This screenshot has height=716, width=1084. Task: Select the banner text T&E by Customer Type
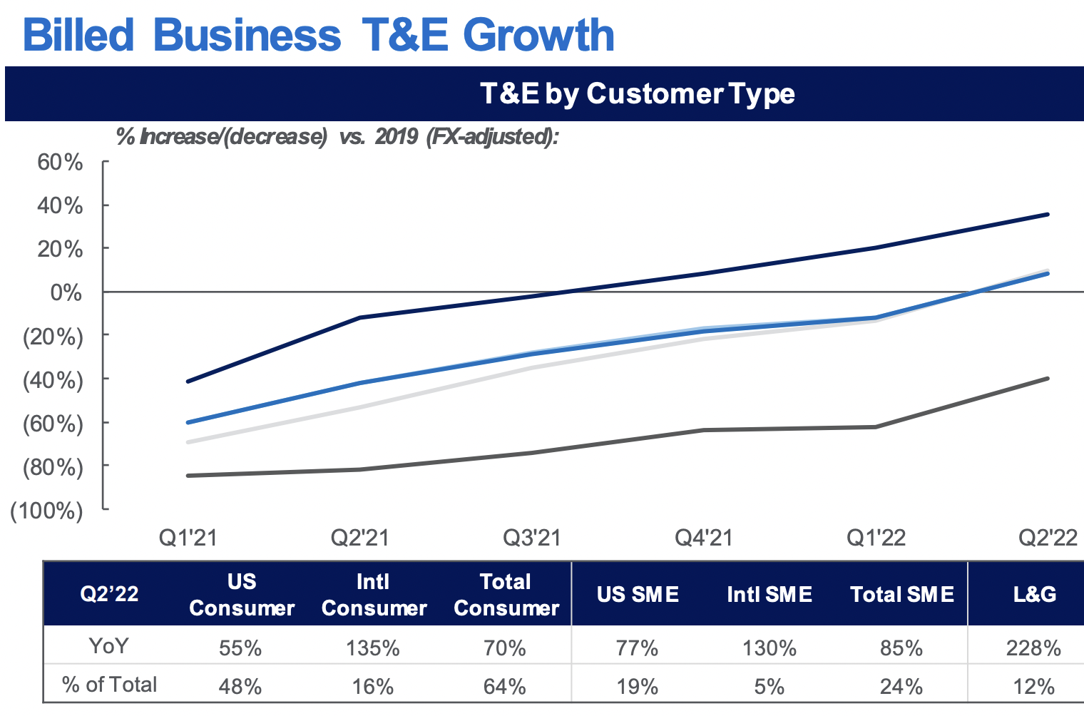[x=637, y=93]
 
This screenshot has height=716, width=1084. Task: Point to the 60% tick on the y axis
[x=60, y=162]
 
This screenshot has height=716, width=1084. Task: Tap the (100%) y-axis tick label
[x=46, y=511]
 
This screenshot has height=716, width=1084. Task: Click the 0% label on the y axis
[x=66, y=292]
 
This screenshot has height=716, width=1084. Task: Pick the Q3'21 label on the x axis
[x=532, y=537]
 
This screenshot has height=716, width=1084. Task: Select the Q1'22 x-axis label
[x=876, y=537]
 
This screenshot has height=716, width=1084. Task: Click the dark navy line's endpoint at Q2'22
[x=1048, y=214]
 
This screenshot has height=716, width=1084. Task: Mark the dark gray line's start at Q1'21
[x=188, y=476]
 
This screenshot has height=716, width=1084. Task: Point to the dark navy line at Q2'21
[x=359, y=317]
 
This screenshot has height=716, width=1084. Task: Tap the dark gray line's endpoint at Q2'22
[x=1048, y=378]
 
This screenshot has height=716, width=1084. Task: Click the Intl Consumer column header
[x=374, y=595]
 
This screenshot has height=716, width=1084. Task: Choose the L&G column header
[x=1034, y=594]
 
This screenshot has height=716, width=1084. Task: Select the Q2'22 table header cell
[x=109, y=594]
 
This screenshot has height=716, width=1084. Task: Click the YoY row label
[x=109, y=646]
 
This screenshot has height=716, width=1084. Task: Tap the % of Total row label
[x=109, y=685]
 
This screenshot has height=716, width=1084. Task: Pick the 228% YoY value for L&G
[x=1033, y=648]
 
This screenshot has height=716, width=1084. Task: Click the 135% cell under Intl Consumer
[x=373, y=648]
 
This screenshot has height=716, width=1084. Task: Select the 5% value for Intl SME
[x=769, y=686]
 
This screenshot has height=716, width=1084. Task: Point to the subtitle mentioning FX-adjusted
[x=337, y=136]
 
